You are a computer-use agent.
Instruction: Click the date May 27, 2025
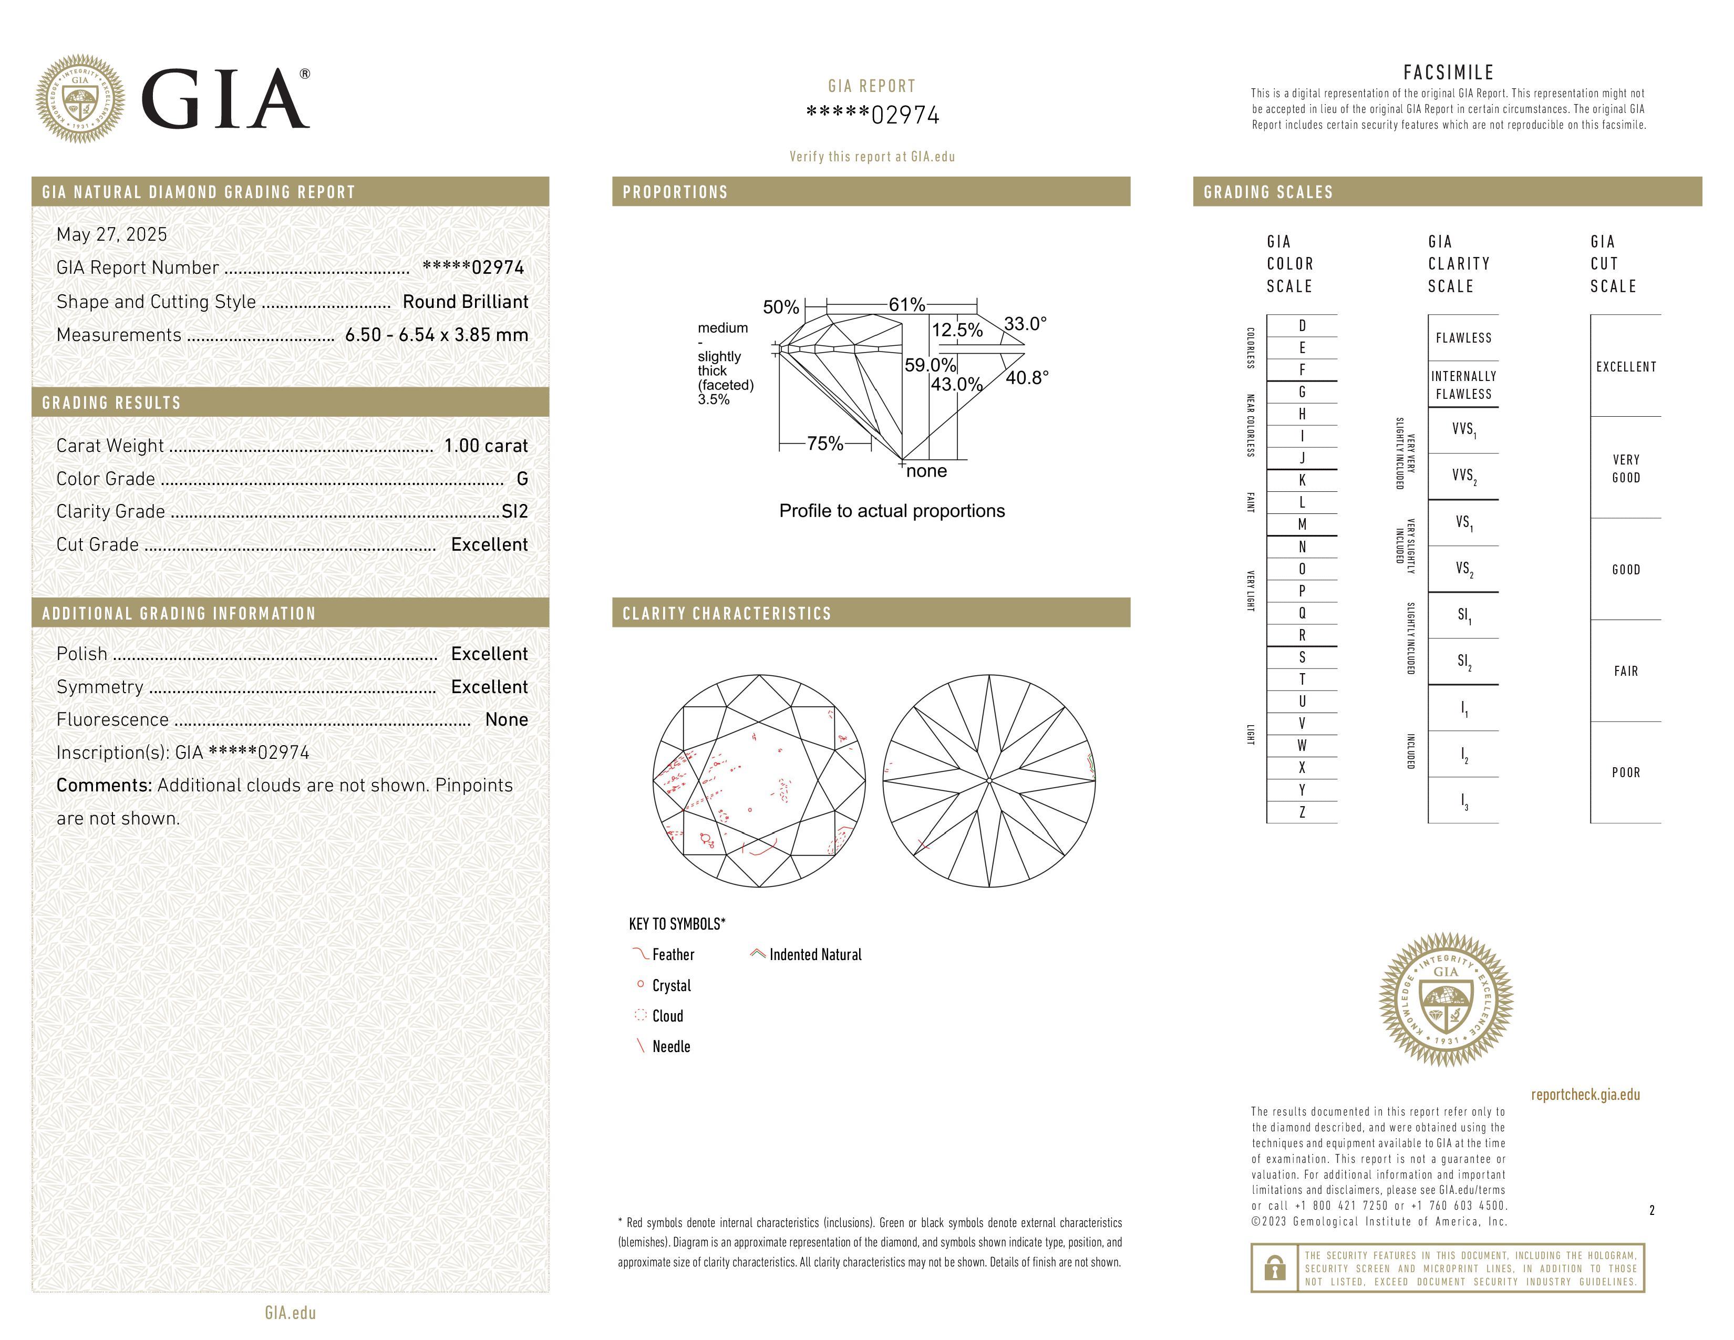(112, 234)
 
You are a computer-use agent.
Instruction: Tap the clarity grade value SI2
(514, 511)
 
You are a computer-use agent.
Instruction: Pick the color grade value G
(522, 479)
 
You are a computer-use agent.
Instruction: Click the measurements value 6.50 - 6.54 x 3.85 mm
(437, 335)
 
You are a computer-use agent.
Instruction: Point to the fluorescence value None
(507, 719)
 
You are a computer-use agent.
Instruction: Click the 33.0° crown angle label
(1025, 324)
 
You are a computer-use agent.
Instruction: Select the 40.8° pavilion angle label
(1027, 378)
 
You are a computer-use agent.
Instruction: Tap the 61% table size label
(907, 305)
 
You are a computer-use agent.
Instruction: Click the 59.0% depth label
(930, 365)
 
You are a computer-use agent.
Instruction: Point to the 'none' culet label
(926, 471)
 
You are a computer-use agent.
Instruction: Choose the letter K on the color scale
(1302, 480)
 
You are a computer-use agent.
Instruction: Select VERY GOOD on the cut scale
(1626, 468)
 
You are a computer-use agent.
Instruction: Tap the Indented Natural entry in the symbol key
(814, 954)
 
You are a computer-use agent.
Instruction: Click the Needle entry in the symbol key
(671, 1046)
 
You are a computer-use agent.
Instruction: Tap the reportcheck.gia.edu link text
(1585, 1094)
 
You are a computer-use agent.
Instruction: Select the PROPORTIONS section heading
(675, 192)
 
